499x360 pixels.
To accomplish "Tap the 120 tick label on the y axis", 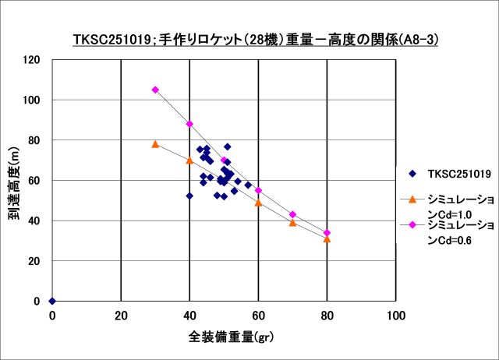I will click(32, 60).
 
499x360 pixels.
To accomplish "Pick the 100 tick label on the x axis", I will click(396, 315).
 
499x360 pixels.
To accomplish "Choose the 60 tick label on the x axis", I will click(258, 315).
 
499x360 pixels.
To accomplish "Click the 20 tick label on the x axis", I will click(121, 315).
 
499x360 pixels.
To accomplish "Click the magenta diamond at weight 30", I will click(155, 90).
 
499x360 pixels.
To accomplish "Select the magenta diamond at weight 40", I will click(189, 124).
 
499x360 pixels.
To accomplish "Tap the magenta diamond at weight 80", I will click(327, 233).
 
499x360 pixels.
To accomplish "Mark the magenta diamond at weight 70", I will click(292, 214).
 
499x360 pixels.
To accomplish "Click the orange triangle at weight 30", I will click(155, 144).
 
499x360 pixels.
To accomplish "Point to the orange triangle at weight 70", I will click(292, 223).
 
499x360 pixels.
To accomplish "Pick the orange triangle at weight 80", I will click(327, 238).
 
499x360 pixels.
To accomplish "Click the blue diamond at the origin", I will click(52, 301).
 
